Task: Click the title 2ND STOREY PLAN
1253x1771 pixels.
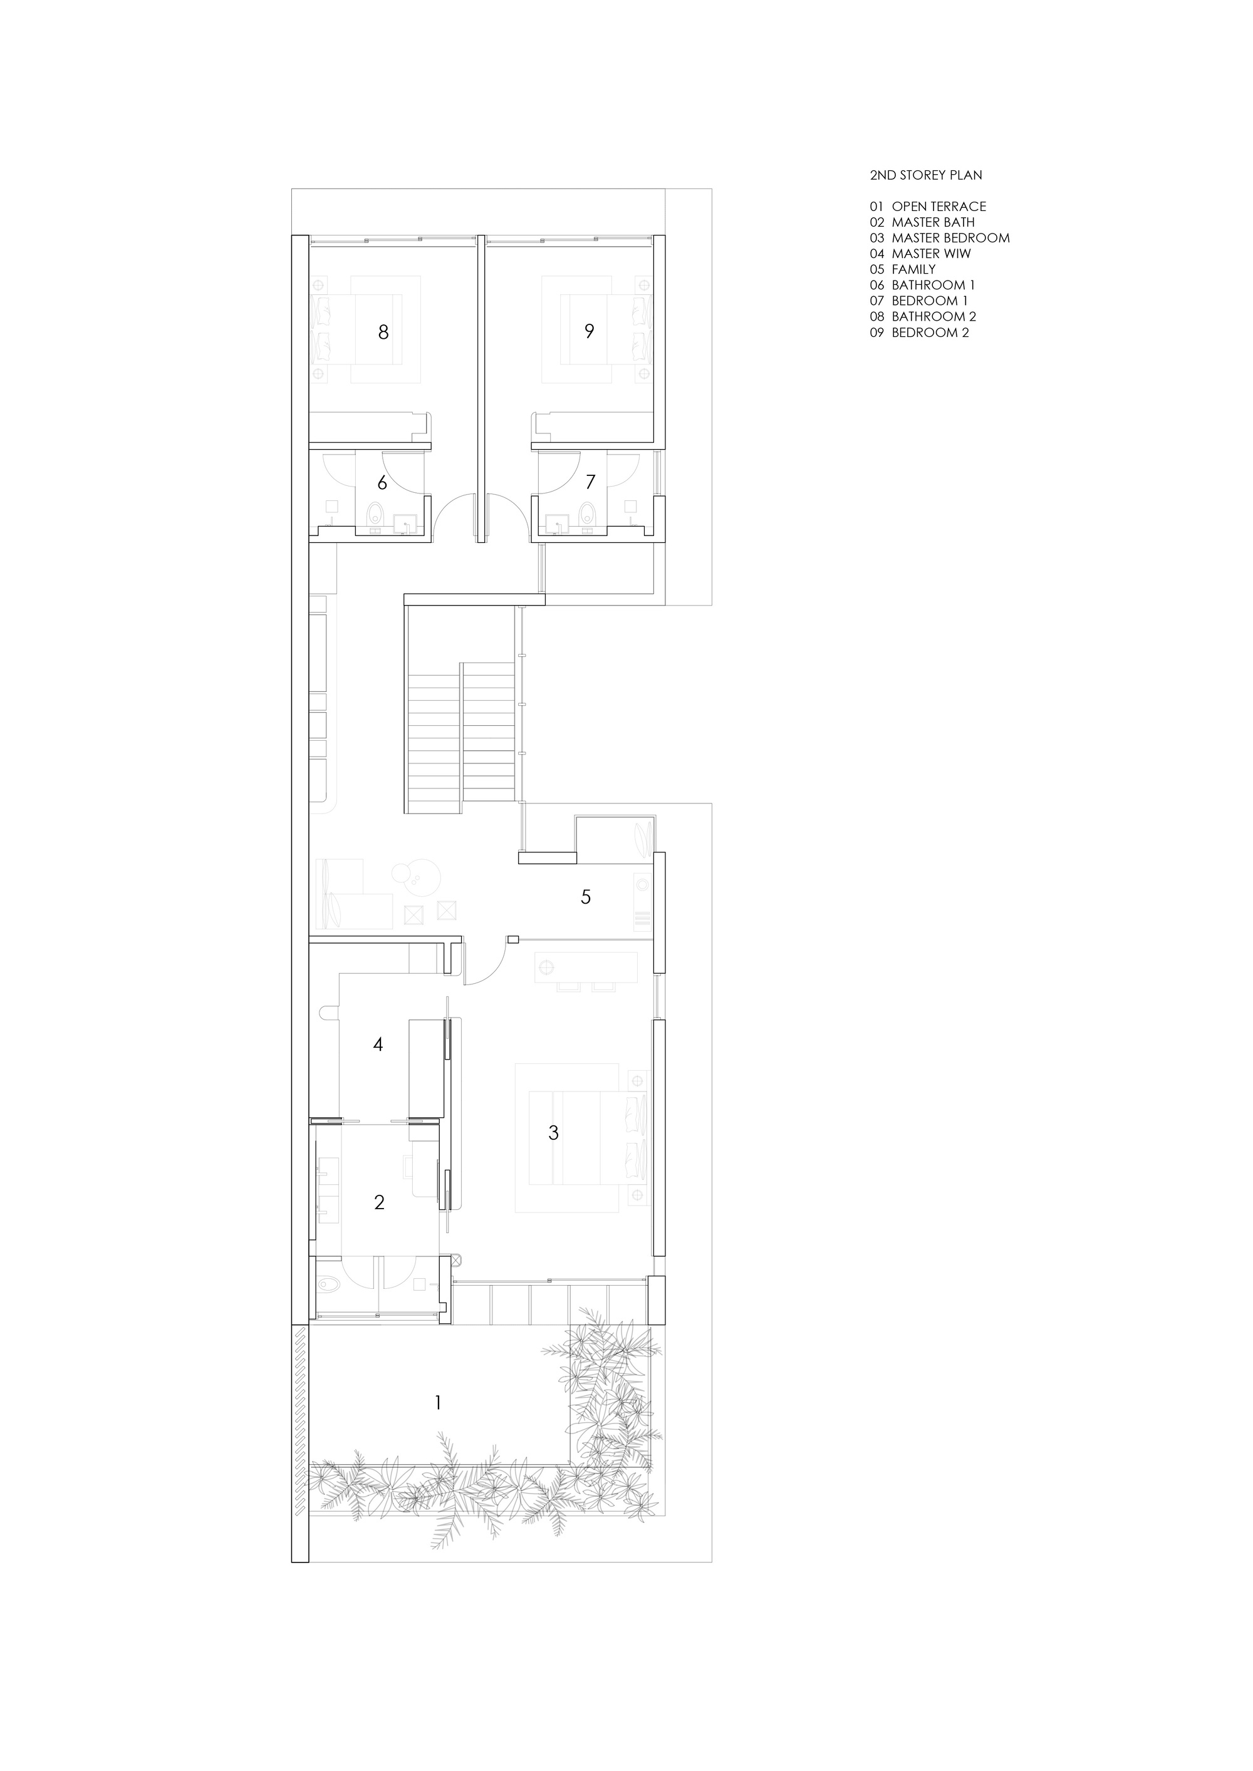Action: [926, 175]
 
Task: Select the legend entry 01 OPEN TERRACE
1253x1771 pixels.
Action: [927, 207]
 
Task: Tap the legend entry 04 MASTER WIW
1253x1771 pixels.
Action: [920, 254]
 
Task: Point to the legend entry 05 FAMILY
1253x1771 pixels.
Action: [903, 269]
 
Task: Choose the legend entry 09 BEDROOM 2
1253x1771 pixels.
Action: [919, 333]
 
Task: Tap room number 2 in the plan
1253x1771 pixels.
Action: [379, 1202]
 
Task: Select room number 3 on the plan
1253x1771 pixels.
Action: [553, 1133]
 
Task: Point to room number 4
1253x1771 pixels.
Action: [378, 1045]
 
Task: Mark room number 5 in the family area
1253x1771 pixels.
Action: [586, 897]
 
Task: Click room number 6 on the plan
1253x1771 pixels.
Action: [382, 483]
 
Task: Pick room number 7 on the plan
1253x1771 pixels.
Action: [590, 482]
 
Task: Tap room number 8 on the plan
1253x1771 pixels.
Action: [383, 333]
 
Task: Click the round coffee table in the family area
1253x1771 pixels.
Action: [417, 876]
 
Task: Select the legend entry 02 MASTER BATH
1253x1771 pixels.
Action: [922, 222]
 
